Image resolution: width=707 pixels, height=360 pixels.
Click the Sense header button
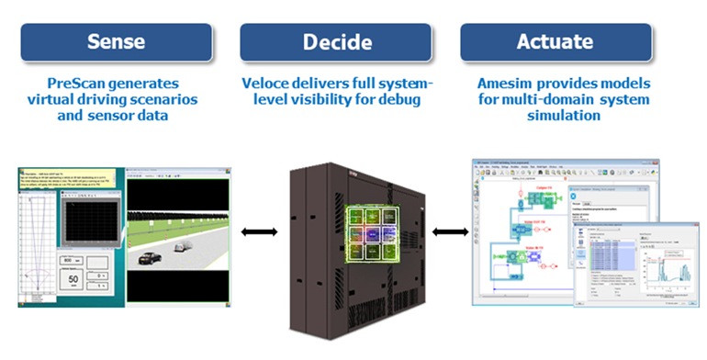114,42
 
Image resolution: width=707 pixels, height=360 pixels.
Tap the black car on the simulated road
151,261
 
